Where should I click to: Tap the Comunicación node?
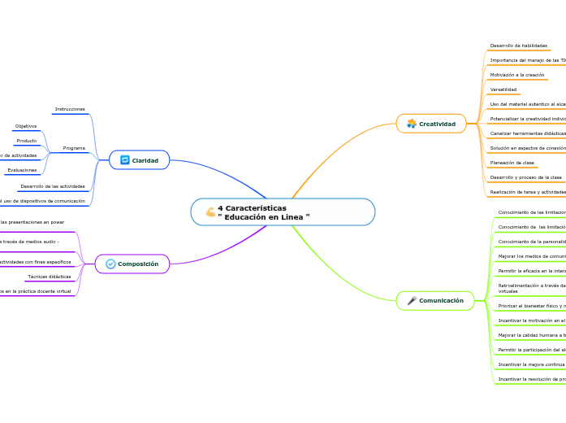tap(441, 301)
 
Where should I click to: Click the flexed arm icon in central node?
tap(210, 212)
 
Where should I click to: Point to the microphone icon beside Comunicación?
tap(412, 301)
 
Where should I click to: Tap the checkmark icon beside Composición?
tap(110, 264)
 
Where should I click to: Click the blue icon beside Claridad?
tap(125, 160)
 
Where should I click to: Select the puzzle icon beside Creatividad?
tap(412, 124)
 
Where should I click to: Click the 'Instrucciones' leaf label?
tap(70, 109)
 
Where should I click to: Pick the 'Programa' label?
tap(74, 148)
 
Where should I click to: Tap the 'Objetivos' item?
tap(26, 126)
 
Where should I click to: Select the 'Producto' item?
tap(27, 141)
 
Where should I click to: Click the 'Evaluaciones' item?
tap(21, 170)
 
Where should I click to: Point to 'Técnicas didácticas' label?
tap(71, 277)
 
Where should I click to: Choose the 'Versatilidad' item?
tap(503, 89)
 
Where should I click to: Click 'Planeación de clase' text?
tap(512, 163)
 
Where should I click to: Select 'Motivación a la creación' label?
tap(517, 75)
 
